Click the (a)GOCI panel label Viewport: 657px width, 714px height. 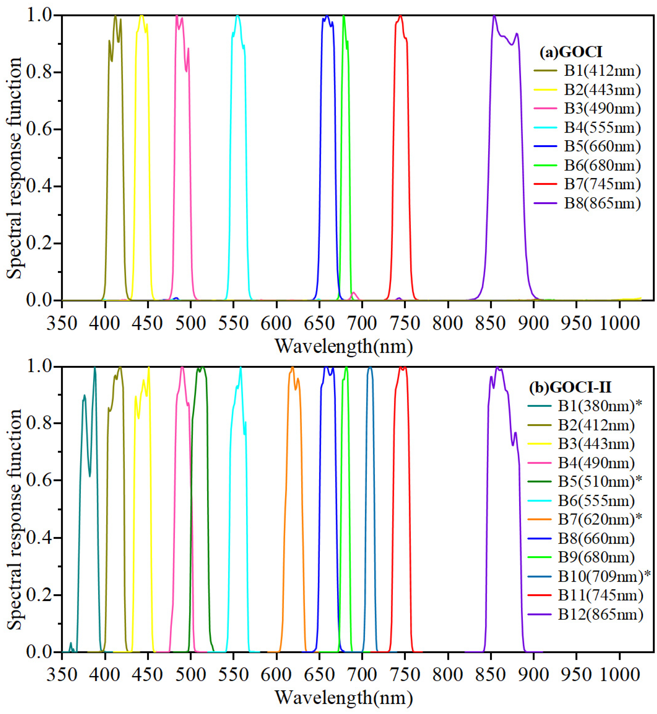[571, 52]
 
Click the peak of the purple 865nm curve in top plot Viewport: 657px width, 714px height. [494, 16]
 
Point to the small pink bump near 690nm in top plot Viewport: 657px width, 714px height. [354, 292]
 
